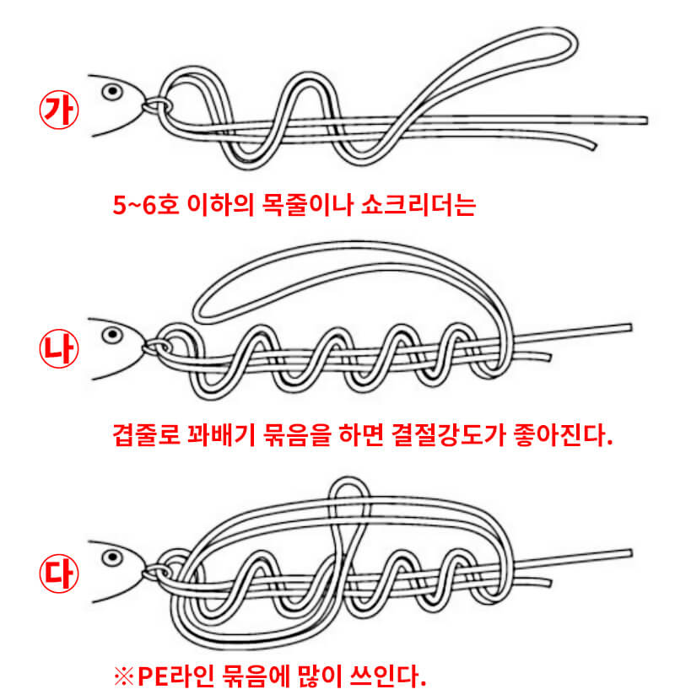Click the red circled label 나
58,347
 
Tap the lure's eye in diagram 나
110,335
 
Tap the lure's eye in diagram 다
110,557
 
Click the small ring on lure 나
155,347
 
